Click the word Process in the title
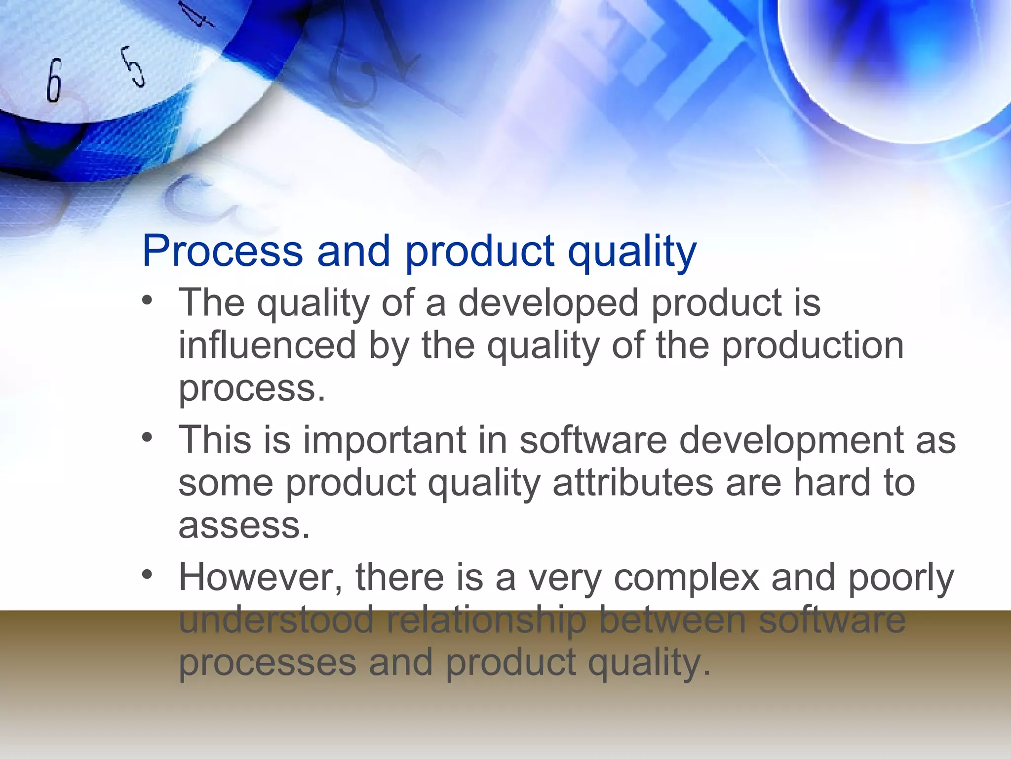point(222,251)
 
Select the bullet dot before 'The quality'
point(147,300)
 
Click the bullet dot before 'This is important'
point(147,437)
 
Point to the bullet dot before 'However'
point(147,575)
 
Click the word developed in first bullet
point(548,303)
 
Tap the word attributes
point(633,483)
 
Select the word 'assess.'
point(244,526)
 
